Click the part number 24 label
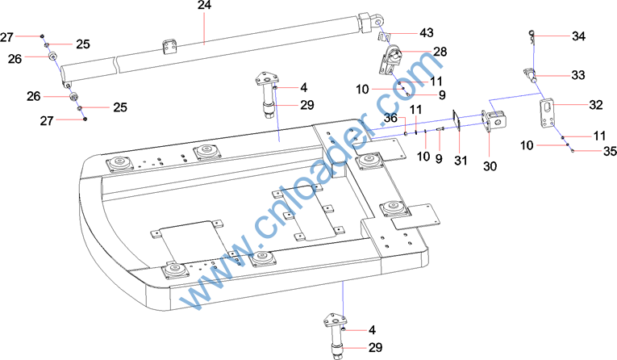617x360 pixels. point(204,6)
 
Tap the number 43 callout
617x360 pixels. point(427,33)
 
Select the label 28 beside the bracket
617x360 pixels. point(440,52)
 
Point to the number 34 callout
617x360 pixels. point(578,36)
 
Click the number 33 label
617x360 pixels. point(578,75)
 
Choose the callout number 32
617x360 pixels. point(596,105)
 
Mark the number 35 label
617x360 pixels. point(610,151)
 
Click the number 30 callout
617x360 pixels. point(490,166)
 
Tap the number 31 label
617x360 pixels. point(461,161)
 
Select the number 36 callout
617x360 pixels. point(390,118)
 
